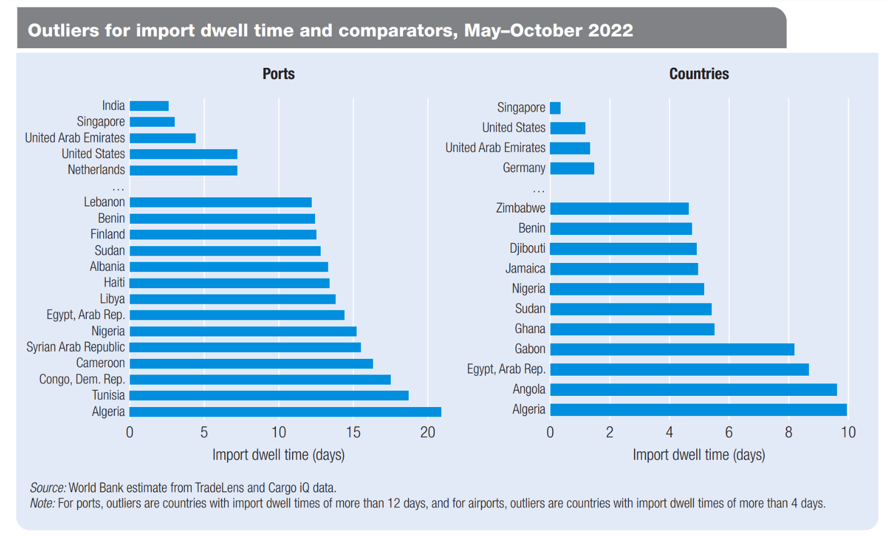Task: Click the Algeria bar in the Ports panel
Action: click(285, 412)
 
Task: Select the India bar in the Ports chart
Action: click(149, 106)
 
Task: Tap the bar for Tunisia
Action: click(269, 395)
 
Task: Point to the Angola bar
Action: click(693, 390)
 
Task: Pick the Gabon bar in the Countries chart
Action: click(672, 349)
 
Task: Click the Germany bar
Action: click(572, 168)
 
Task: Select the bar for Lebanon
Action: click(220, 202)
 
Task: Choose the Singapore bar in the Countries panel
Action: click(556, 108)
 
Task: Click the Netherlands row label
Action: click(96, 170)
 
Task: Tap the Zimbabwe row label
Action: click(520, 209)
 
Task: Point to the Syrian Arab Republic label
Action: click(76, 347)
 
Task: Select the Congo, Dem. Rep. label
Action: click(82, 380)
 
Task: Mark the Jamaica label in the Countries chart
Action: click(525, 269)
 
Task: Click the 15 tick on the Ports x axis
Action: click(353, 432)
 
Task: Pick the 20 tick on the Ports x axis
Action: click(428, 432)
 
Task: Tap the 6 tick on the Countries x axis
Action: click(729, 432)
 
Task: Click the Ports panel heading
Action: click(279, 74)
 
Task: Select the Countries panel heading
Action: click(699, 74)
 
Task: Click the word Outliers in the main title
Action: click(63, 30)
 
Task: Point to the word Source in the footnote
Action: click(48, 488)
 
